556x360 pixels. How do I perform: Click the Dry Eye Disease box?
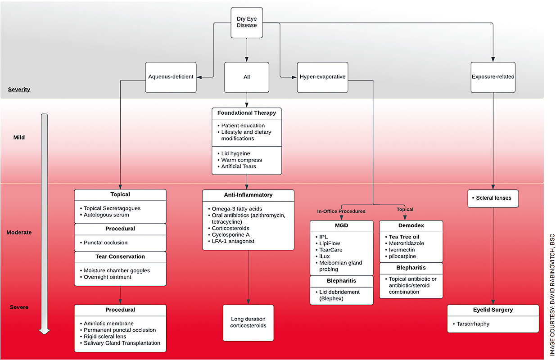[x=247, y=22]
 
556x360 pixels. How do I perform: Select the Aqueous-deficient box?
[x=171, y=77]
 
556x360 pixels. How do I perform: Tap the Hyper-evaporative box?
[x=322, y=77]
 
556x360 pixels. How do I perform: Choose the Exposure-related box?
[x=493, y=77]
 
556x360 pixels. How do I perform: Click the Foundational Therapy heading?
[x=247, y=112]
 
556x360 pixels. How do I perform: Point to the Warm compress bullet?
[x=241, y=160]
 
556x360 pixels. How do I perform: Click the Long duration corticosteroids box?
[x=248, y=322]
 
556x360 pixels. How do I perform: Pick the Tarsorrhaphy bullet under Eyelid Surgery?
[x=473, y=324]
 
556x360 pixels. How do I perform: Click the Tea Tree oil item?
[x=404, y=237]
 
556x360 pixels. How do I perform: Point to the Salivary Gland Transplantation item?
[x=122, y=343]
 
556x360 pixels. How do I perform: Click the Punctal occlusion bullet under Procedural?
[x=105, y=243]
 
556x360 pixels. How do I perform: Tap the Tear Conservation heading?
[x=120, y=256]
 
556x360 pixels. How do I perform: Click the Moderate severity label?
[x=19, y=233]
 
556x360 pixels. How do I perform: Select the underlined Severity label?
[x=19, y=90]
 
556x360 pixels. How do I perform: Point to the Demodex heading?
[x=411, y=225]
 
